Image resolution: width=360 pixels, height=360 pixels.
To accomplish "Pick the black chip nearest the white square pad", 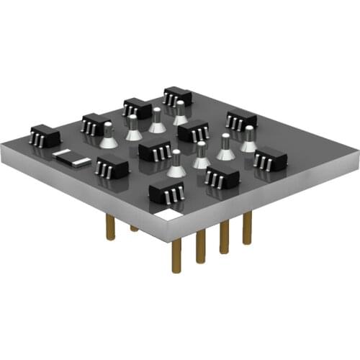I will (166, 191).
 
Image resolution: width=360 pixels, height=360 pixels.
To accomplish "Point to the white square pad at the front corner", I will (168, 215).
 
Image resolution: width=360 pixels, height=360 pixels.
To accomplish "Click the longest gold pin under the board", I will (176, 255).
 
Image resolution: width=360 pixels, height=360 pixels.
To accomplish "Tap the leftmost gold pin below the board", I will (110, 227).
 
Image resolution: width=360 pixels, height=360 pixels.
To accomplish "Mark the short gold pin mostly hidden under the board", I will (134, 228).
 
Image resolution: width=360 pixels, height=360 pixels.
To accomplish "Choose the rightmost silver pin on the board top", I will (248, 140).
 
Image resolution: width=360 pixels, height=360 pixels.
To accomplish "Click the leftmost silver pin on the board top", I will (108, 135).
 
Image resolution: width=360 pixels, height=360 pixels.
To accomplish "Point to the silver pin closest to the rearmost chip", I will (179, 113).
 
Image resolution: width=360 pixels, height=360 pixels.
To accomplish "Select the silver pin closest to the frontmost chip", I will (176, 165).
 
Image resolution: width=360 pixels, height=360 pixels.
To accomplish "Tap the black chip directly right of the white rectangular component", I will (112, 168).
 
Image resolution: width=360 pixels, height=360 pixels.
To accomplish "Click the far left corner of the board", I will (2, 148).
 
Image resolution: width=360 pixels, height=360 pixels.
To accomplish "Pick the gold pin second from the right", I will (224, 236).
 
